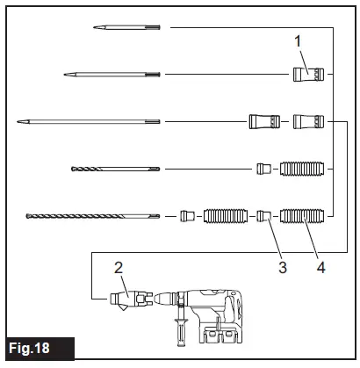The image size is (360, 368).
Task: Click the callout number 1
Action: pyautogui.click(x=299, y=40)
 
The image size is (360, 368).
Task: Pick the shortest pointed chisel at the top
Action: pyautogui.click(x=126, y=28)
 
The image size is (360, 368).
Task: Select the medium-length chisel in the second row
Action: pyautogui.click(x=112, y=75)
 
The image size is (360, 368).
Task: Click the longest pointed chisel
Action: pyautogui.click(x=88, y=120)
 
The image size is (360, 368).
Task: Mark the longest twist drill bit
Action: pyautogui.click(x=93, y=214)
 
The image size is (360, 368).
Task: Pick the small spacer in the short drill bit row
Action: pyautogui.click(x=262, y=167)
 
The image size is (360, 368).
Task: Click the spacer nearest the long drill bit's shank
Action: pyautogui.click(x=186, y=214)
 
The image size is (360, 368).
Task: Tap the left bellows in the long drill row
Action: pyautogui.click(x=223, y=214)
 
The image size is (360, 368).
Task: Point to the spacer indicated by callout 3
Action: pyautogui.click(x=262, y=214)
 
